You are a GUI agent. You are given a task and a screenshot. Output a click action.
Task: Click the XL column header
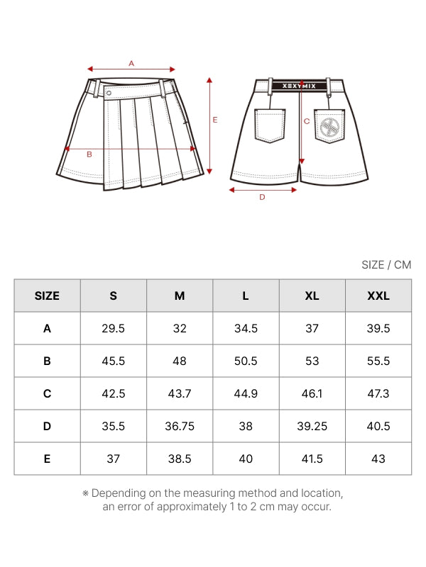pyautogui.click(x=312, y=296)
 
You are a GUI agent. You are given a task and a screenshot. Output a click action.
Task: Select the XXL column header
pyautogui.click(x=378, y=296)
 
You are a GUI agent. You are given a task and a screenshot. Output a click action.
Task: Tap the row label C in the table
pyautogui.click(x=48, y=393)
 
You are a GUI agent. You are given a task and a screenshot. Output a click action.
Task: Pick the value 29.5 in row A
pyautogui.click(x=114, y=328)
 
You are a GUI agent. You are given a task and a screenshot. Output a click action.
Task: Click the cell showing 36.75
pyautogui.click(x=180, y=426)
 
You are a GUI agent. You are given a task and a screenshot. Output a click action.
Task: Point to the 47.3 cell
pyautogui.click(x=378, y=393)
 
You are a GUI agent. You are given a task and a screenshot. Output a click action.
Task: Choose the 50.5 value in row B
pyautogui.click(x=246, y=361)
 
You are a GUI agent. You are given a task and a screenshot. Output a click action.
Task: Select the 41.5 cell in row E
pyautogui.click(x=312, y=459)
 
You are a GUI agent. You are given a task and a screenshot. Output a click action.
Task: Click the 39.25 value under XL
pyautogui.click(x=312, y=426)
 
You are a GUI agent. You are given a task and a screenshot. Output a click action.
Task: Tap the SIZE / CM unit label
pyautogui.click(x=386, y=265)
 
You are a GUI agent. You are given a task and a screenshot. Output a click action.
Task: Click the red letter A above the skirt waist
pyautogui.click(x=131, y=63)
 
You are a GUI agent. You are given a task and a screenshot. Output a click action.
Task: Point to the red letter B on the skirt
pyautogui.click(x=89, y=154)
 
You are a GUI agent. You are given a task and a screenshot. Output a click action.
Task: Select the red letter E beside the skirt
pyautogui.click(x=215, y=120)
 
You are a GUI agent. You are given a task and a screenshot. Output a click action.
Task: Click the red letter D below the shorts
pyautogui.click(x=262, y=198)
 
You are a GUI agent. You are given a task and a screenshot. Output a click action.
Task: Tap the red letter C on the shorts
pyautogui.click(x=307, y=121)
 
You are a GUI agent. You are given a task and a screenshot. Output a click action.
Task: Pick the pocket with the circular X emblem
pyautogui.click(x=329, y=127)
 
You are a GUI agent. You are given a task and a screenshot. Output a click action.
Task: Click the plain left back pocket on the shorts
pyautogui.click(x=270, y=126)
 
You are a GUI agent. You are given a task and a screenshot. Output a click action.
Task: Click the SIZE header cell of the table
pyautogui.click(x=48, y=296)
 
